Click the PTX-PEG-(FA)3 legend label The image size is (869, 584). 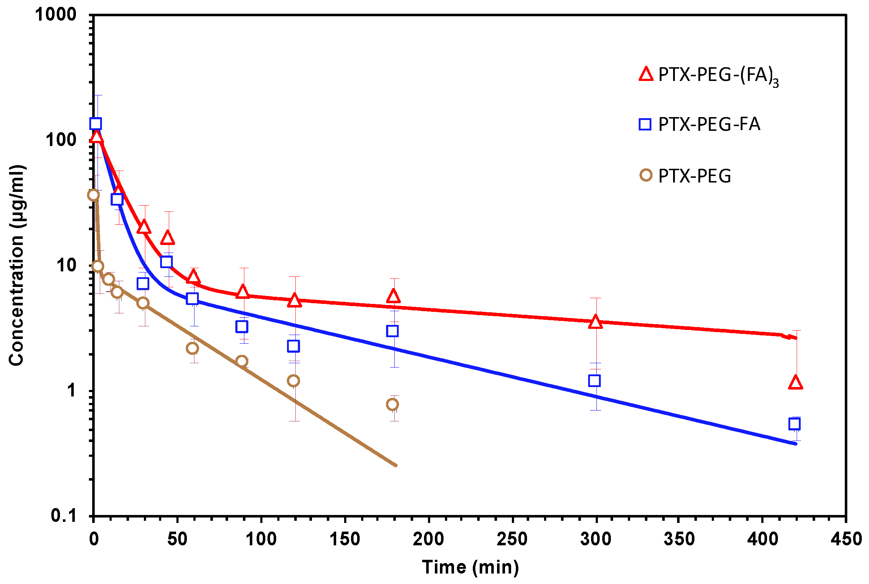click(x=718, y=76)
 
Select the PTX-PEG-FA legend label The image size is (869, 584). click(x=709, y=124)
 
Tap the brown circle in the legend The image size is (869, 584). click(x=646, y=175)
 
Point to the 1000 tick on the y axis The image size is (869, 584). click(x=56, y=15)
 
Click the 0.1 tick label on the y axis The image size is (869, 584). click(x=63, y=515)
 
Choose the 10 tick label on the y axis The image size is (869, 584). click(x=66, y=265)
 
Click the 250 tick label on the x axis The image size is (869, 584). click(x=512, y=539)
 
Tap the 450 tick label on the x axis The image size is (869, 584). click(x=846, y=539)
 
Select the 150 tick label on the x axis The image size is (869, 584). click(x=344, y=539)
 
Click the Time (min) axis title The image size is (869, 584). click(x=470, y=568)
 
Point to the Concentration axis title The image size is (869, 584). click(x=17, y=265)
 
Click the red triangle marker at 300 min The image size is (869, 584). click(x=596, y=322)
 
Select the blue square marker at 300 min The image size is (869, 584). click(x=595, y=381)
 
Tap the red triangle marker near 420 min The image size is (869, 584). click(x=795, y=383)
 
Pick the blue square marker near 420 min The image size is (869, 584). click(x=795, y=424)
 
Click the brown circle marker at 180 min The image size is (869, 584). click(x=392, y=404)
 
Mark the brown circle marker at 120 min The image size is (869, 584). click(x=294, y=381)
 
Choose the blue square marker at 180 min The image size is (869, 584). click(x=392, y=331)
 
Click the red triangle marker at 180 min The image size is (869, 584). click(x=393, y=296)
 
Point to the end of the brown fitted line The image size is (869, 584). click(x=395, y=465)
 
